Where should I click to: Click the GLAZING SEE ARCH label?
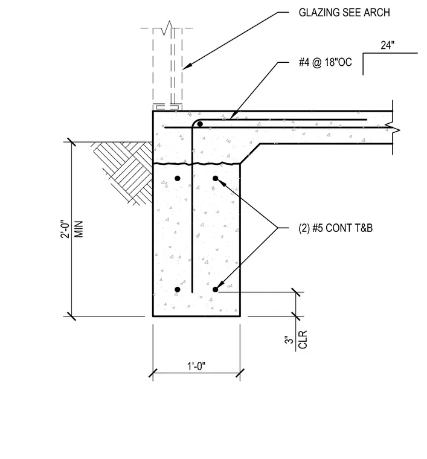[x=344, y=13]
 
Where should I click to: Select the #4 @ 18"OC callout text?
[x=325, y=62]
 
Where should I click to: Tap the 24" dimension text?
[x=388, y=45]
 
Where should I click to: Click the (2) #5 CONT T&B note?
[x=335, y=228]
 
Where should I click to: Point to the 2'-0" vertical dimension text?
[x=66, y=229]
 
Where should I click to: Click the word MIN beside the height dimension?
[x=79, y=230]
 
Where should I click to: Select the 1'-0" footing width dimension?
[x=196, y=366]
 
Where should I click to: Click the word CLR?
[x=303, y=339]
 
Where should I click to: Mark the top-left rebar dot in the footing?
[x=178, y=178]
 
